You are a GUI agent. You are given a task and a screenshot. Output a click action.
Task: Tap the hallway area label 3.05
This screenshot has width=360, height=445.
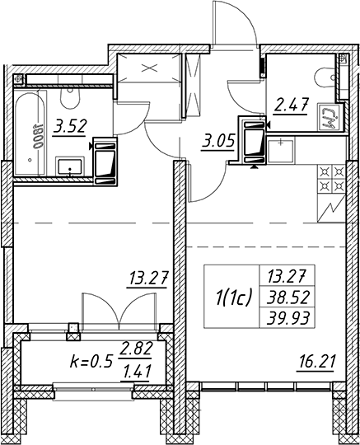point(218,140)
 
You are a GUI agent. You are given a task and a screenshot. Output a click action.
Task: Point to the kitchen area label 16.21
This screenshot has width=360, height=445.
point(316,363)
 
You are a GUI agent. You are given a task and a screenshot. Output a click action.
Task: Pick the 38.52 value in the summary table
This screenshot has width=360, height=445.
point(288,298)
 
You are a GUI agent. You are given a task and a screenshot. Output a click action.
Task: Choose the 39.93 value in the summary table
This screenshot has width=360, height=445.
point(288,318)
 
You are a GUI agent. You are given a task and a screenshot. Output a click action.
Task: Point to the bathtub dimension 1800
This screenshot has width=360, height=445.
point(38,137)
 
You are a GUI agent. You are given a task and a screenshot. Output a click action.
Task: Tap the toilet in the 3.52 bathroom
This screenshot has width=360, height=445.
point(70,98)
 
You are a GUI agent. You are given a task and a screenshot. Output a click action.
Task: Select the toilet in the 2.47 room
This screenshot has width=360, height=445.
point(325,77)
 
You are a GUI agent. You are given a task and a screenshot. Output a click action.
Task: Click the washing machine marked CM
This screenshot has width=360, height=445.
point(329,116)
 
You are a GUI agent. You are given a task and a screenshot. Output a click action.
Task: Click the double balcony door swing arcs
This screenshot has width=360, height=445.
point(119,311)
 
